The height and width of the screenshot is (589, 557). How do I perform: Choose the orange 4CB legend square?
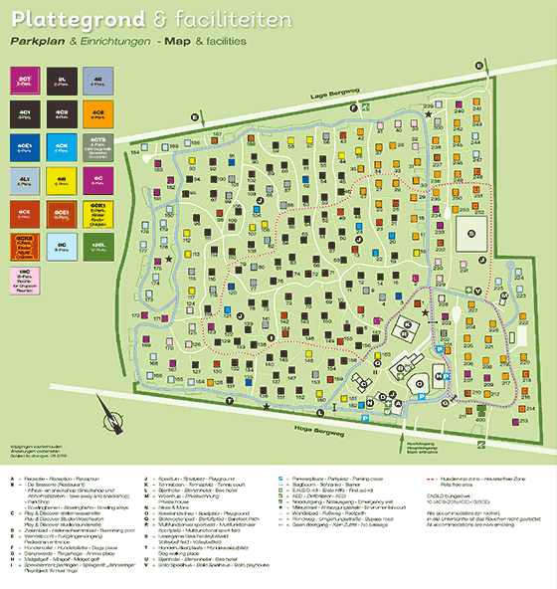point(96,113)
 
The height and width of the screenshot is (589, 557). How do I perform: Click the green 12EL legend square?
point(96,245)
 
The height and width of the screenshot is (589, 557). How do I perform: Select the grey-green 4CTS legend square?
point(96,147)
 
